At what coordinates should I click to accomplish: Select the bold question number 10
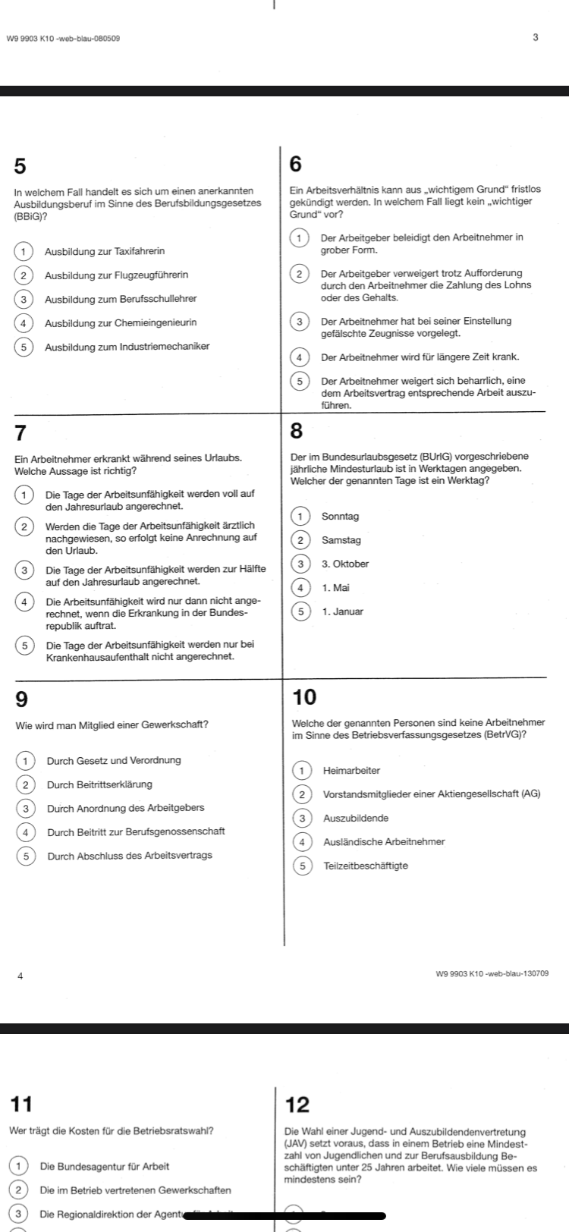(x=303, y=697)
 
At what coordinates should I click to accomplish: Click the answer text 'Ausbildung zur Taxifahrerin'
(x=105, y=251)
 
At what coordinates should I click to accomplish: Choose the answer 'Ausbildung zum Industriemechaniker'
(x=127, y=347)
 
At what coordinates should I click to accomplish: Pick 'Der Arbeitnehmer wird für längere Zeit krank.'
(x=420, y=357)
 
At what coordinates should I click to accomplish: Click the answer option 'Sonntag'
(x=341, y=517)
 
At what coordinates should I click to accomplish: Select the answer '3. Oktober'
(x=345, y=564)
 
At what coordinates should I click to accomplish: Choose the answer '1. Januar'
(x=342, y=611)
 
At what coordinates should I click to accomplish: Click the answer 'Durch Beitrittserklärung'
(x=99, y=784)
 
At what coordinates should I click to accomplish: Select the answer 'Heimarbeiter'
(x=351, y=771)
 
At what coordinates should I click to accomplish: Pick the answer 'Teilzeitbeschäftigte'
(x=366, y=866)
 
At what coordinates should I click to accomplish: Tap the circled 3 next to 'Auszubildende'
(x=302, y=818)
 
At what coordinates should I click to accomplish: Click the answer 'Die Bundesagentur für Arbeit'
(x=105, y=1166)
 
